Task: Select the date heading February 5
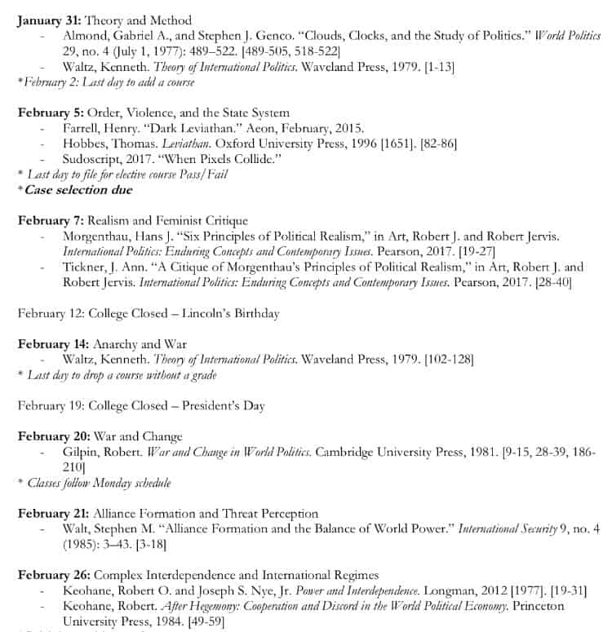[51, 113]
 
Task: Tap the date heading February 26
[54, 574]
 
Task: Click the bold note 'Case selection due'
[78, 189]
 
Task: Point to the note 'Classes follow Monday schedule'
[100, 483]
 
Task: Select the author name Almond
[86, 37]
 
